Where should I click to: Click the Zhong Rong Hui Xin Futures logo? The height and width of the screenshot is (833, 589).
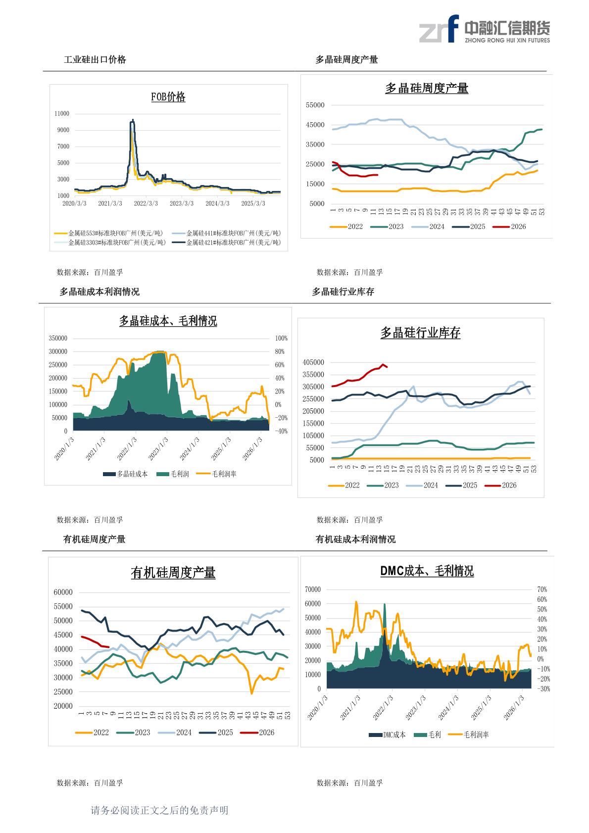pos(484,29)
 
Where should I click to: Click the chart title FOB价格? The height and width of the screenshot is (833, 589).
pos(168,97)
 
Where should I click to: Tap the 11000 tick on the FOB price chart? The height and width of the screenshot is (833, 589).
pos(62,114)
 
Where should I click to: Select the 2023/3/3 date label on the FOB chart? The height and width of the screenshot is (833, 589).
pos(182,203)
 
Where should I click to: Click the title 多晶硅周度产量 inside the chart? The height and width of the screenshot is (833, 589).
pos(427,89)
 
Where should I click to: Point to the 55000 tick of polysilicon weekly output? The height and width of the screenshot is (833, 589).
pos(315,105)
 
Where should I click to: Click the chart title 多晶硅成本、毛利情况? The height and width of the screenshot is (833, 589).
pos(168,321)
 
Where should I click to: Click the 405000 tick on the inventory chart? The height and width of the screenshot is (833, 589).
pos(313,362)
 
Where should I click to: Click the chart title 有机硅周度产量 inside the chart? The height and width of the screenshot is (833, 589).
pos(173,573)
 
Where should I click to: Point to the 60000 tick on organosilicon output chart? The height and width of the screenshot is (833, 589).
pos(63,592)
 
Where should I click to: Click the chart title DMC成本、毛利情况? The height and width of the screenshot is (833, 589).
pos(427,571)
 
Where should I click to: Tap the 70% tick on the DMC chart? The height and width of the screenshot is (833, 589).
pos(541,589)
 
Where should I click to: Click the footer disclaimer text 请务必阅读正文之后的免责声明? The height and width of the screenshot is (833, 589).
pos(159,810)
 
